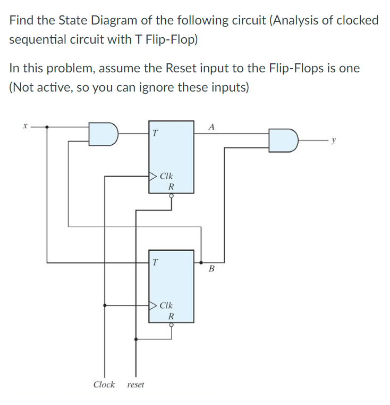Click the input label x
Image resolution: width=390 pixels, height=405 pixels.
click(x=24, y=127)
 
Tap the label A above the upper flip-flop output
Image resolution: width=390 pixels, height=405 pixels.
click(x=212, y=127)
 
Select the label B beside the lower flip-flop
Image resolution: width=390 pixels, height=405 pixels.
click(x=211, y=270)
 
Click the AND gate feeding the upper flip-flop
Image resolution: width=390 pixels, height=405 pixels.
click(x=103, y=134)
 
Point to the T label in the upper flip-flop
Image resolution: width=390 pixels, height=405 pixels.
click(x=154, y=134)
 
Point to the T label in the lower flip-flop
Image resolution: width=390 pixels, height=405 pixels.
click(x=154, y=262)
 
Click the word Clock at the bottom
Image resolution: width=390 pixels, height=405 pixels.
click(x=104, y=384)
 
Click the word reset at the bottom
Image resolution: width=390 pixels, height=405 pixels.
click(x=136, y=385)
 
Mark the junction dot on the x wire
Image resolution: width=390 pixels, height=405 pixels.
click(x=47, y=127)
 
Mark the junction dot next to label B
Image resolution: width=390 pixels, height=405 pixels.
click(x=201, y=262)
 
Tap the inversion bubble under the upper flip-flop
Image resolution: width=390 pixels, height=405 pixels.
click(x=171, y=195)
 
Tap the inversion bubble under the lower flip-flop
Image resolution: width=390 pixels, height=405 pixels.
click(x=171, y=325)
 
